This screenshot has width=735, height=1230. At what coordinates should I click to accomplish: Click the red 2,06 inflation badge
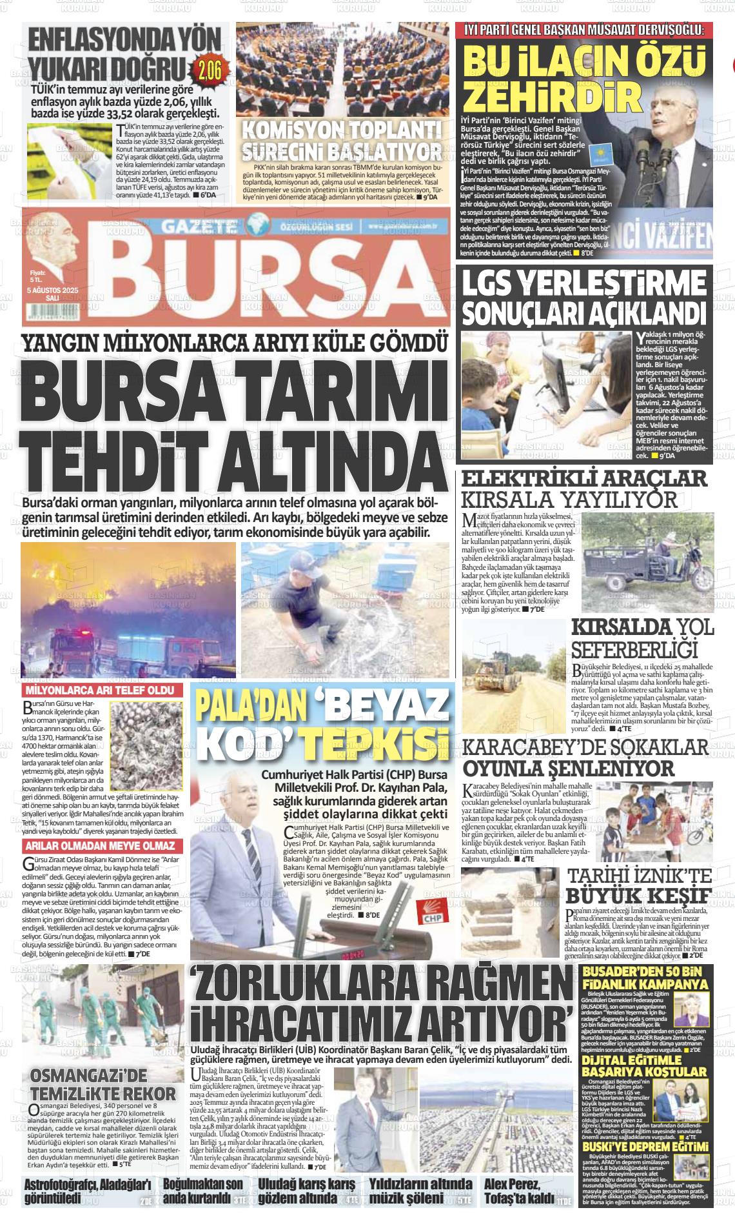coord(210,68)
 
